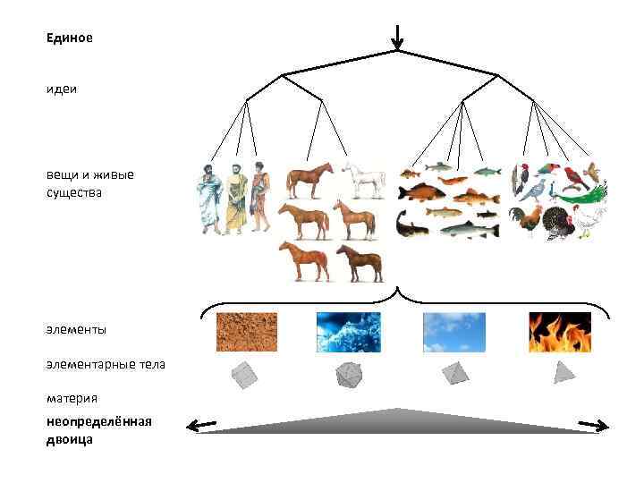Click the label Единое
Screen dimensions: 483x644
70,38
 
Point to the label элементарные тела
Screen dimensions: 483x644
106,364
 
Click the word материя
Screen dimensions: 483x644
72,397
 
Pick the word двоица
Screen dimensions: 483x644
70,439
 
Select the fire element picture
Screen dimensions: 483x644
559,332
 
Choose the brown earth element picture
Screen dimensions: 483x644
247,332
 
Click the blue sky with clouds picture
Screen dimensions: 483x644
454,332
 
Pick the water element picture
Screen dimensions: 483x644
349,332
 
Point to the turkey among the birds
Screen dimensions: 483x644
556,223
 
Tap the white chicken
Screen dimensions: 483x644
590,220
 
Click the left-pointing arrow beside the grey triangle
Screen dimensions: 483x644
201,425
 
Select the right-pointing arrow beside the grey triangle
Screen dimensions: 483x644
594,425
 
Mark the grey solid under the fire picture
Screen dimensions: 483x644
563,372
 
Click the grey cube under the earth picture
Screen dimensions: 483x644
244,375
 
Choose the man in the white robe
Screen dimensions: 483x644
209,199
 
